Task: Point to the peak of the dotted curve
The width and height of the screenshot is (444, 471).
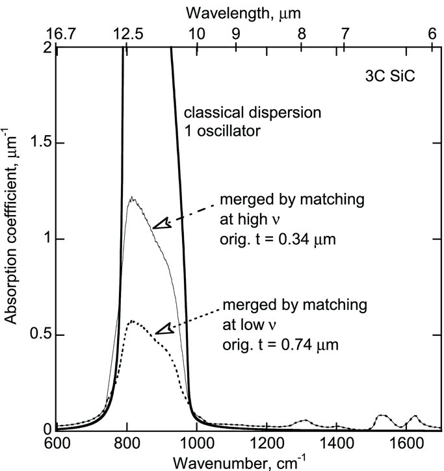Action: tap(131, 321)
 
